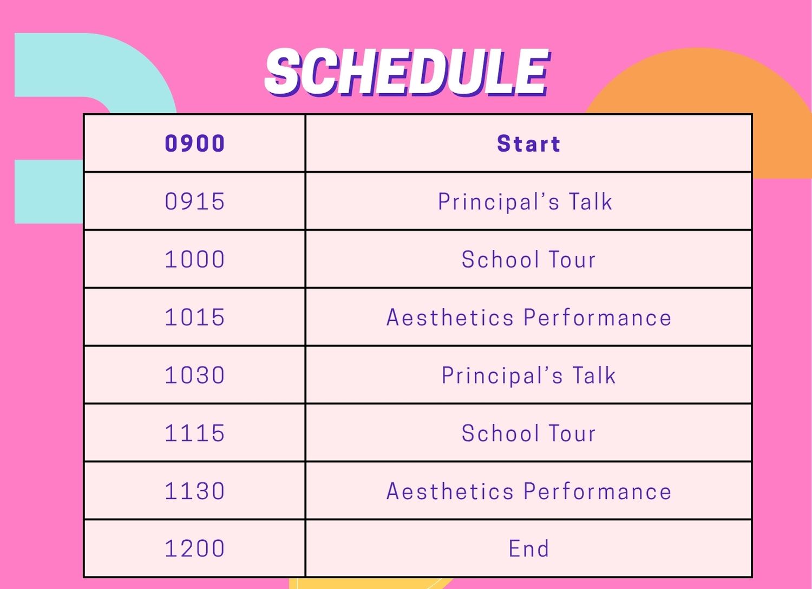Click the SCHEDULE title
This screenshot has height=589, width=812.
[407, 72]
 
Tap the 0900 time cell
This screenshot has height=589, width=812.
[194, 144]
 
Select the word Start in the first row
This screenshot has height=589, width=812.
[528, 144]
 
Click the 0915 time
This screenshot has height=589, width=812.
[194, 202]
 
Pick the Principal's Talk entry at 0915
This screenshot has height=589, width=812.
[525, 202]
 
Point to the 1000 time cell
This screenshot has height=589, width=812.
[194, 260]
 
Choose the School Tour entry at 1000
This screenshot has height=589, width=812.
[528, 260]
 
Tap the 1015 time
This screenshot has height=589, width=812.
[194, 318]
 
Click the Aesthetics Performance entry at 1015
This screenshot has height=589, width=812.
[528, 318]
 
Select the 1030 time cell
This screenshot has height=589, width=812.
[194, 376]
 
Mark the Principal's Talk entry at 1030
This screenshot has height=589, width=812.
[528, 376]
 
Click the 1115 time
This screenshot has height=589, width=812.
[194, 433]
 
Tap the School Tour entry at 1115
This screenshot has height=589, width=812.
[528, 433]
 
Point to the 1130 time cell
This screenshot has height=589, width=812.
[194, 491]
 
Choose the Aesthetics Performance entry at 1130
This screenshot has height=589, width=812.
[528, 491]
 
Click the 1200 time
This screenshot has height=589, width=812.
[194, 549]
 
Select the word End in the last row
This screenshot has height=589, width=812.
[528, 549]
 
